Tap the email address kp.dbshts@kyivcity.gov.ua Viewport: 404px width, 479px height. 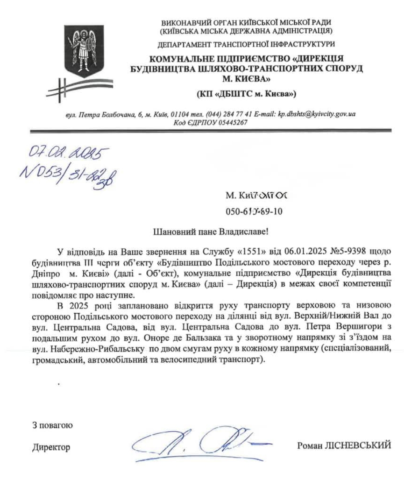[316, 114]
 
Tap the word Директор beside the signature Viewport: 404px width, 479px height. [51, 447]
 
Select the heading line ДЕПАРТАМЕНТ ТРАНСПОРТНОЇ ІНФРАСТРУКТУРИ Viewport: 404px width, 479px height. [246, 44]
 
